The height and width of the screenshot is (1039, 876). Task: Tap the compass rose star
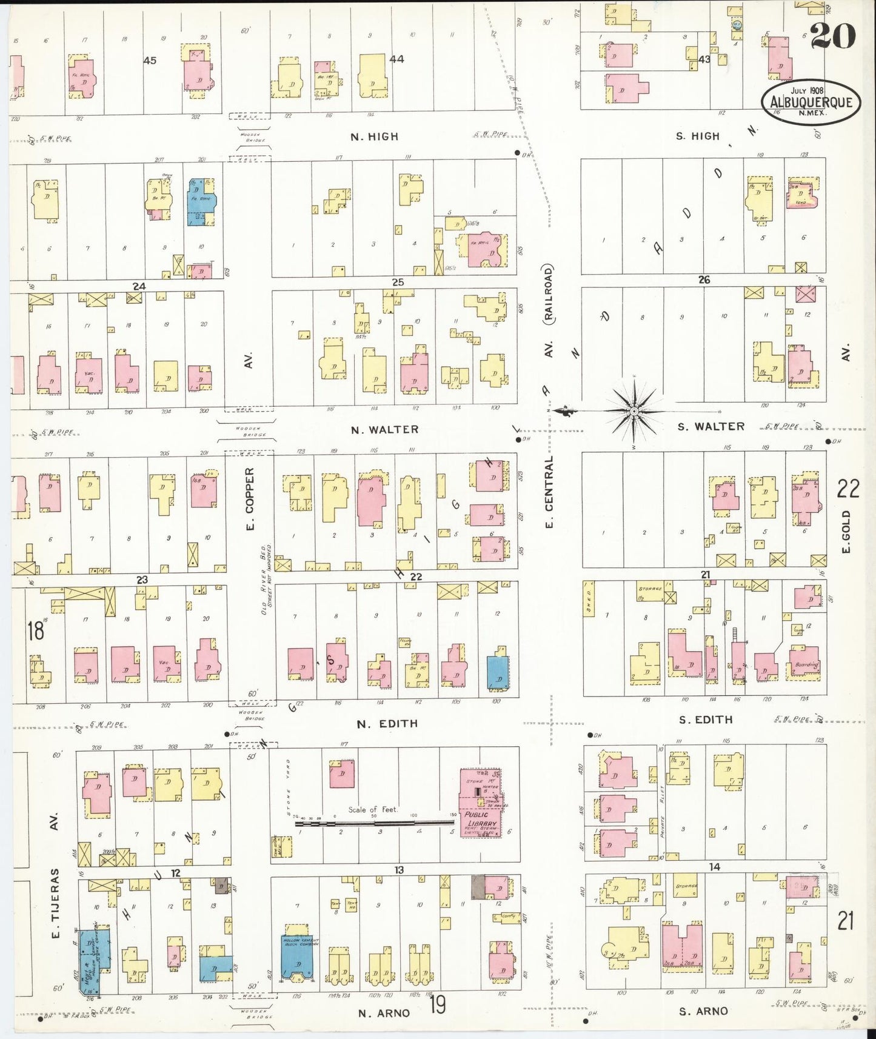click(x=633, y=411)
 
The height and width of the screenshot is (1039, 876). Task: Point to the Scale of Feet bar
click(x=375, y=823)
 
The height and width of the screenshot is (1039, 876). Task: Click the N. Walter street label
click(x=384, y=429)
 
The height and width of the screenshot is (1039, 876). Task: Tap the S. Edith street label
click(x=706, y=720)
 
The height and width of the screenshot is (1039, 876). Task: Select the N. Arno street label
click(x=383, y=1013)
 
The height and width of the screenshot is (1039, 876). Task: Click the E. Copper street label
click(x=250, y=499)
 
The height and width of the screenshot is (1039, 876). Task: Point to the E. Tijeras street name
click(x=55, y=903)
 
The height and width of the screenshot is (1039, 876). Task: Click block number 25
click(x=398, y=282)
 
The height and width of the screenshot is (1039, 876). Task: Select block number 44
click(x=396, y=59)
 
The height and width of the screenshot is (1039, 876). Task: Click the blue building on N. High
click(x=202, y=201)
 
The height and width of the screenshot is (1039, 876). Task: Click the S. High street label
click(x=697, y=136)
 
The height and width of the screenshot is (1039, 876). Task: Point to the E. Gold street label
click(x=846, y=532)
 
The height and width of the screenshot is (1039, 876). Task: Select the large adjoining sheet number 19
click(x=438, y=1004)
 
